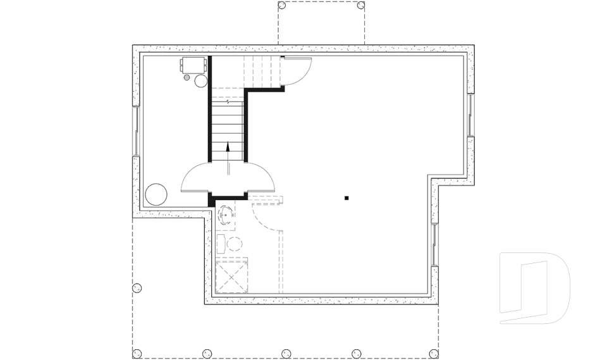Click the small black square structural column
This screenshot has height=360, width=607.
346,198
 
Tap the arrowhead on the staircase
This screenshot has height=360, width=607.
228,146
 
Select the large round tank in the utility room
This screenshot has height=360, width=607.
156,194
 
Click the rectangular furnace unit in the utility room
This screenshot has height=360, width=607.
193,65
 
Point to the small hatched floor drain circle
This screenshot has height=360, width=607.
187,77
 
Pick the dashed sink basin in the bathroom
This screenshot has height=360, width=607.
226,215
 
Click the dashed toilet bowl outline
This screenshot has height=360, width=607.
235,244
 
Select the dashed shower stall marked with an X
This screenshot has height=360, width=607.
231,275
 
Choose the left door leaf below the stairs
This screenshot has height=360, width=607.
196,178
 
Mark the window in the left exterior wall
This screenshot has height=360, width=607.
135,131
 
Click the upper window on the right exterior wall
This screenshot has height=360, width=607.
470,115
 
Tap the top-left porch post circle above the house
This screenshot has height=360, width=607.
283,6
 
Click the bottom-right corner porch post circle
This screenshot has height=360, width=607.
433,353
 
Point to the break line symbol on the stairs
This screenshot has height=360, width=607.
228,101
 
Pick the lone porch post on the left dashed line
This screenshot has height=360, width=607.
137,289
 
